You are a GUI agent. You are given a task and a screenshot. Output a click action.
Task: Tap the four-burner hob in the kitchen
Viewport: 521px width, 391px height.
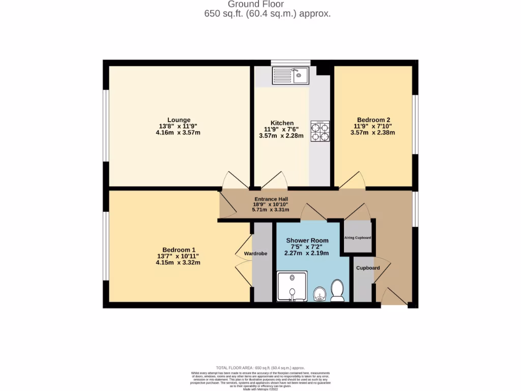(x=320, y=131)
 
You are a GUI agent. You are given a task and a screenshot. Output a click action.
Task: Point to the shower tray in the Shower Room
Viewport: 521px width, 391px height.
(x=292, y=287)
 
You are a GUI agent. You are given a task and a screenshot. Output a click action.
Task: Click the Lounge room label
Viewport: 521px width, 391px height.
(x=179, y=120)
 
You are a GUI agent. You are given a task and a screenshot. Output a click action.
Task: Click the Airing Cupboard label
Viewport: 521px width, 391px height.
(x=358, y=238)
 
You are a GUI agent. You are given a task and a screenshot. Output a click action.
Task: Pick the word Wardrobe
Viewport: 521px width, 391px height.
(x=255, y=253)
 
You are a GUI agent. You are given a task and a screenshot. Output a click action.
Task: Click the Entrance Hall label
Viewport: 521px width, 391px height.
(x=271, y=199)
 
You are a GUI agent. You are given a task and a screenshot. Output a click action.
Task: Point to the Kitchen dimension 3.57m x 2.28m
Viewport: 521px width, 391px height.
(x=281, y=136)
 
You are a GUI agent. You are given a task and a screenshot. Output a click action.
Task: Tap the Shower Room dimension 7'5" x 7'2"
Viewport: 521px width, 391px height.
(x=307, y=247)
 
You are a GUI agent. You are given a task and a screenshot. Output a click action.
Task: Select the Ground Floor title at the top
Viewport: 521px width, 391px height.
(x=248, y=5)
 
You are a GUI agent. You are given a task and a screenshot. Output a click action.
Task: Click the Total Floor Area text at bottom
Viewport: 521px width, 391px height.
(x=260, y=368)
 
